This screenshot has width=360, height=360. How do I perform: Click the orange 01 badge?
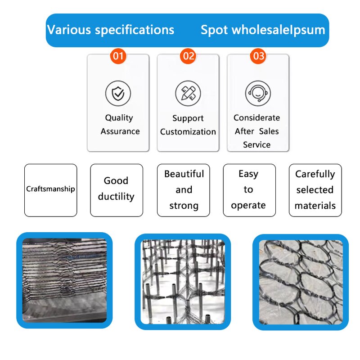(118, 56)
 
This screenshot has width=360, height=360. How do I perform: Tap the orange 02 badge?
(188, 56)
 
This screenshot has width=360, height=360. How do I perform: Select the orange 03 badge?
(258, 56)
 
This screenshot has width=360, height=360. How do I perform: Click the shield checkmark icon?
(118, 93)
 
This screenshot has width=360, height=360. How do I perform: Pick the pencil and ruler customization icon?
(188, 93)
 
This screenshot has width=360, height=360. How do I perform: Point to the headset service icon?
(258, 93)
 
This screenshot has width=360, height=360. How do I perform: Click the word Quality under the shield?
(119, 118)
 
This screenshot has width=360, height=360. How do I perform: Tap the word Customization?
(188, 132)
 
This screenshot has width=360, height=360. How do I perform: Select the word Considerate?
(256, 118)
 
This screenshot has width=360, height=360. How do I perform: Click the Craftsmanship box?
(50, 189)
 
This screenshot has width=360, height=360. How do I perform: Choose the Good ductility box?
(116, 189)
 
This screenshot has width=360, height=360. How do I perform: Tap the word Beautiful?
(184, 174)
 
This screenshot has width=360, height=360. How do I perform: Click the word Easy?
(248, 174)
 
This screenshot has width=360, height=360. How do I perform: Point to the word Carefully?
(315, 174)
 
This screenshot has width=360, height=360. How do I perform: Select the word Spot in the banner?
(214, 30)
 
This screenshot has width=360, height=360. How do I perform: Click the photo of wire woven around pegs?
(182, 281)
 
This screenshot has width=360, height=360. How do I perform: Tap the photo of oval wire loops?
(301, 281)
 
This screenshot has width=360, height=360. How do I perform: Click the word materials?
(315, 206)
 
